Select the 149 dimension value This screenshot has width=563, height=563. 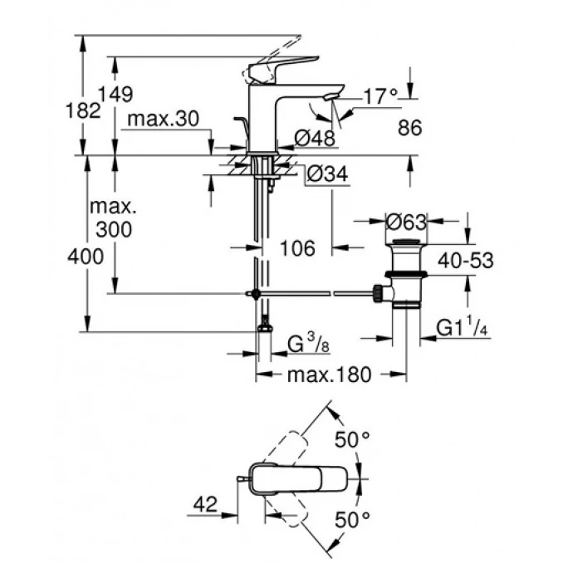[x=116, y=94]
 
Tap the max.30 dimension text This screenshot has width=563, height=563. [x=164, y=120]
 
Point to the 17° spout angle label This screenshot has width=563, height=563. [x=383, y=97]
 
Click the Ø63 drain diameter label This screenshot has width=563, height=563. [x=407, y=222]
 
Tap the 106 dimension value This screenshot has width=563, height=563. [x=296, y=247]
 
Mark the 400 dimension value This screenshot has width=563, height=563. [x=87, y=257]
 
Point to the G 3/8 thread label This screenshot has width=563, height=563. [x=302, y=343]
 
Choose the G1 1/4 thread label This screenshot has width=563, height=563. [x=466, y=330]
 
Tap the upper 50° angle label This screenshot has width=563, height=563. [x=352, y=440]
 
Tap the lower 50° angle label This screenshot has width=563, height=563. [x=352, y=521]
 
